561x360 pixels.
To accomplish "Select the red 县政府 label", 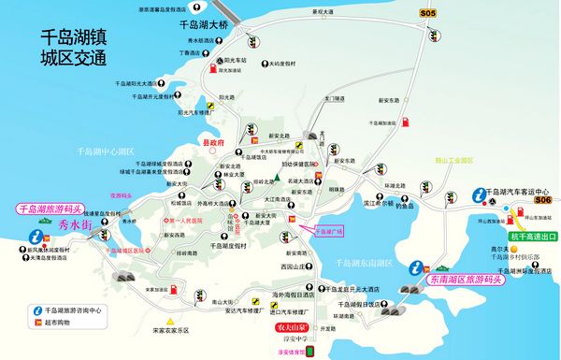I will pyautogui.click(x=214, y=143).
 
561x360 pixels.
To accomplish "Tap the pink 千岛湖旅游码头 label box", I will pyautogui.click(x=51, y=210).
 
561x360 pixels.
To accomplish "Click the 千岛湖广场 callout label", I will pyautogui.click(x=326, y=228).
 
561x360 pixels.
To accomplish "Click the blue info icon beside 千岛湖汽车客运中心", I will pyautogui.click(x=479, y=195).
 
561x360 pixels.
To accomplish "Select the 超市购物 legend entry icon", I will pyautogui.click(x=38, y=321).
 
